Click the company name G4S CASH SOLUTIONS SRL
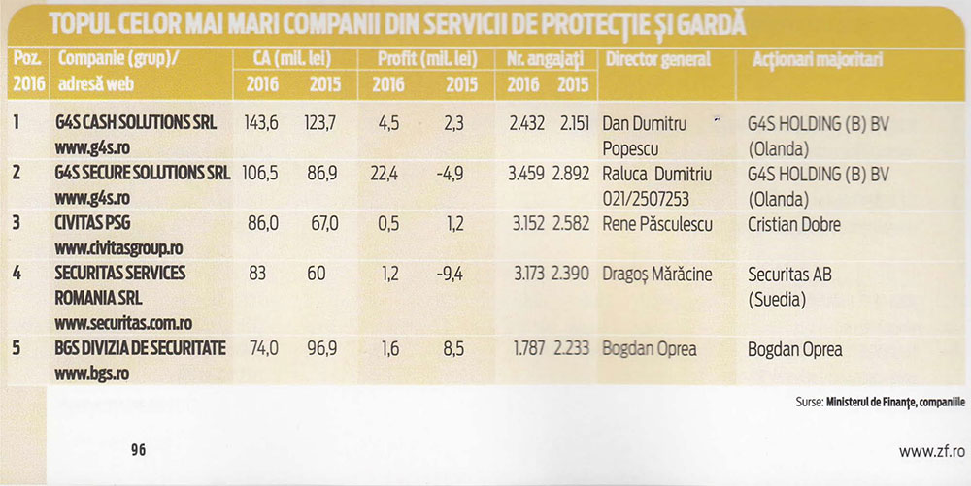point(136,123)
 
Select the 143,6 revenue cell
point(260,123)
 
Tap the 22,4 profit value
point(385,175)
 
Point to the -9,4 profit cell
point(450,274)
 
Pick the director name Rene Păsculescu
point(657,224)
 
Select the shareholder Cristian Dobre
point(794,224)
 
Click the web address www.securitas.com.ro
point(123,323)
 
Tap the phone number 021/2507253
point(646,199)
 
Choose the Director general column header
point(657,59)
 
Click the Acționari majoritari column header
point(818,60)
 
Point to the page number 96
point(138,450)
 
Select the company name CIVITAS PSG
point(92,223)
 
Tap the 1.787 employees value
point(529,348)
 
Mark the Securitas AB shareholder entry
point(789,274)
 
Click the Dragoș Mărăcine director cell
point(657,274)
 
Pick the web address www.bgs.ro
point(91,373)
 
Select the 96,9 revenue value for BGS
point(322,348)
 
